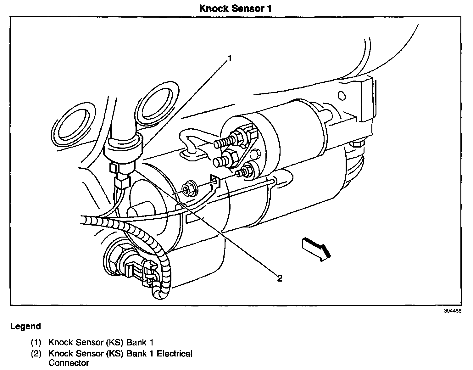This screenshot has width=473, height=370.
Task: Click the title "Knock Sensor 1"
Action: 235,8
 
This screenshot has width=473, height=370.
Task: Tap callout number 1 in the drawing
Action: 230,58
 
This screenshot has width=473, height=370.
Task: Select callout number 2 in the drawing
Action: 280,278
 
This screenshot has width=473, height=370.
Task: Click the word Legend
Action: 25,326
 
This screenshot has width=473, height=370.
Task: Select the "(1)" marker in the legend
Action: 36,342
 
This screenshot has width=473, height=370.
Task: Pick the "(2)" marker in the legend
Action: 36,354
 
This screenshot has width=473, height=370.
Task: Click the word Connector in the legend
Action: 69,363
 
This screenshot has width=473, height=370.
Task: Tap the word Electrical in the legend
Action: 175,354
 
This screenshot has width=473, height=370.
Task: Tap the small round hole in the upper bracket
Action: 342,96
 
